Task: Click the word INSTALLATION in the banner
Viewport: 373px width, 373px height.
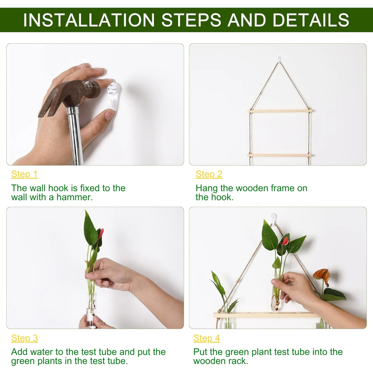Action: [x=89, y=20]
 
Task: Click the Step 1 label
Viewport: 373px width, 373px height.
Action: [x=24, y=174]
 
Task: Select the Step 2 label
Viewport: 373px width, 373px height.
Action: [x=209, y=174]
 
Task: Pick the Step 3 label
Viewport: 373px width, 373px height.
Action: [x=24, y=338]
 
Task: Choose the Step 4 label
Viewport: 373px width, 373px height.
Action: [x=207, y=338]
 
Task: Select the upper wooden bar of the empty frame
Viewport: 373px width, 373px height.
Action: [x=280, y=111]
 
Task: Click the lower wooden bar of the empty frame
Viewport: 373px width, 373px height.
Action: [x=280, y=155]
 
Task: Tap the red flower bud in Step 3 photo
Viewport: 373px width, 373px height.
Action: [x=101, y=233]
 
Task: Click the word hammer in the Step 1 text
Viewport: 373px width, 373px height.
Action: [x=74, y=197]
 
